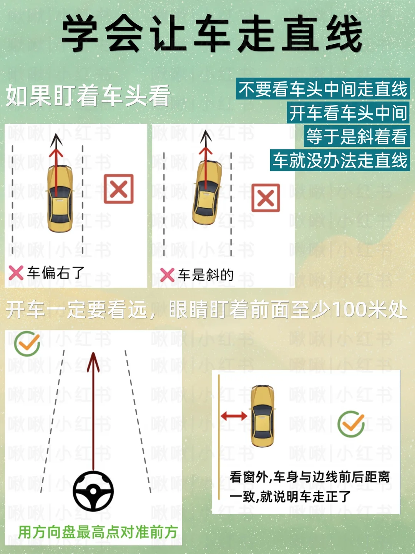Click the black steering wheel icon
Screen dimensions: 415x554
click(93, 491)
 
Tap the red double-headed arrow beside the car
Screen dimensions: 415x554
click(234, 416)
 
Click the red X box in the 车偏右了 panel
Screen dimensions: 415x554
click(119, 189)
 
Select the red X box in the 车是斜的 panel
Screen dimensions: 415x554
click(266, 197)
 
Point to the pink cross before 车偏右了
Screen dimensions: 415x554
click(16, 273)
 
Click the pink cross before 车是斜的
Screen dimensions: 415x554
click(167, 275)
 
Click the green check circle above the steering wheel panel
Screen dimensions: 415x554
click(27, 343)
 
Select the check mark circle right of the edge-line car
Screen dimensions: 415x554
click(351, 424)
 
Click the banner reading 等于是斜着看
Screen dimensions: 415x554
click(357, 136)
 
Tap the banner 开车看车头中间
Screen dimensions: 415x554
click(348, 113)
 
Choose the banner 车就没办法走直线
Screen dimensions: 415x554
click(340, 160)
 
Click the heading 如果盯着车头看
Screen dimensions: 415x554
click(88, 96)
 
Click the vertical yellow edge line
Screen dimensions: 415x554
click(219, 437)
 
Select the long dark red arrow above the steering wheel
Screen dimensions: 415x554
click(93, 411)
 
